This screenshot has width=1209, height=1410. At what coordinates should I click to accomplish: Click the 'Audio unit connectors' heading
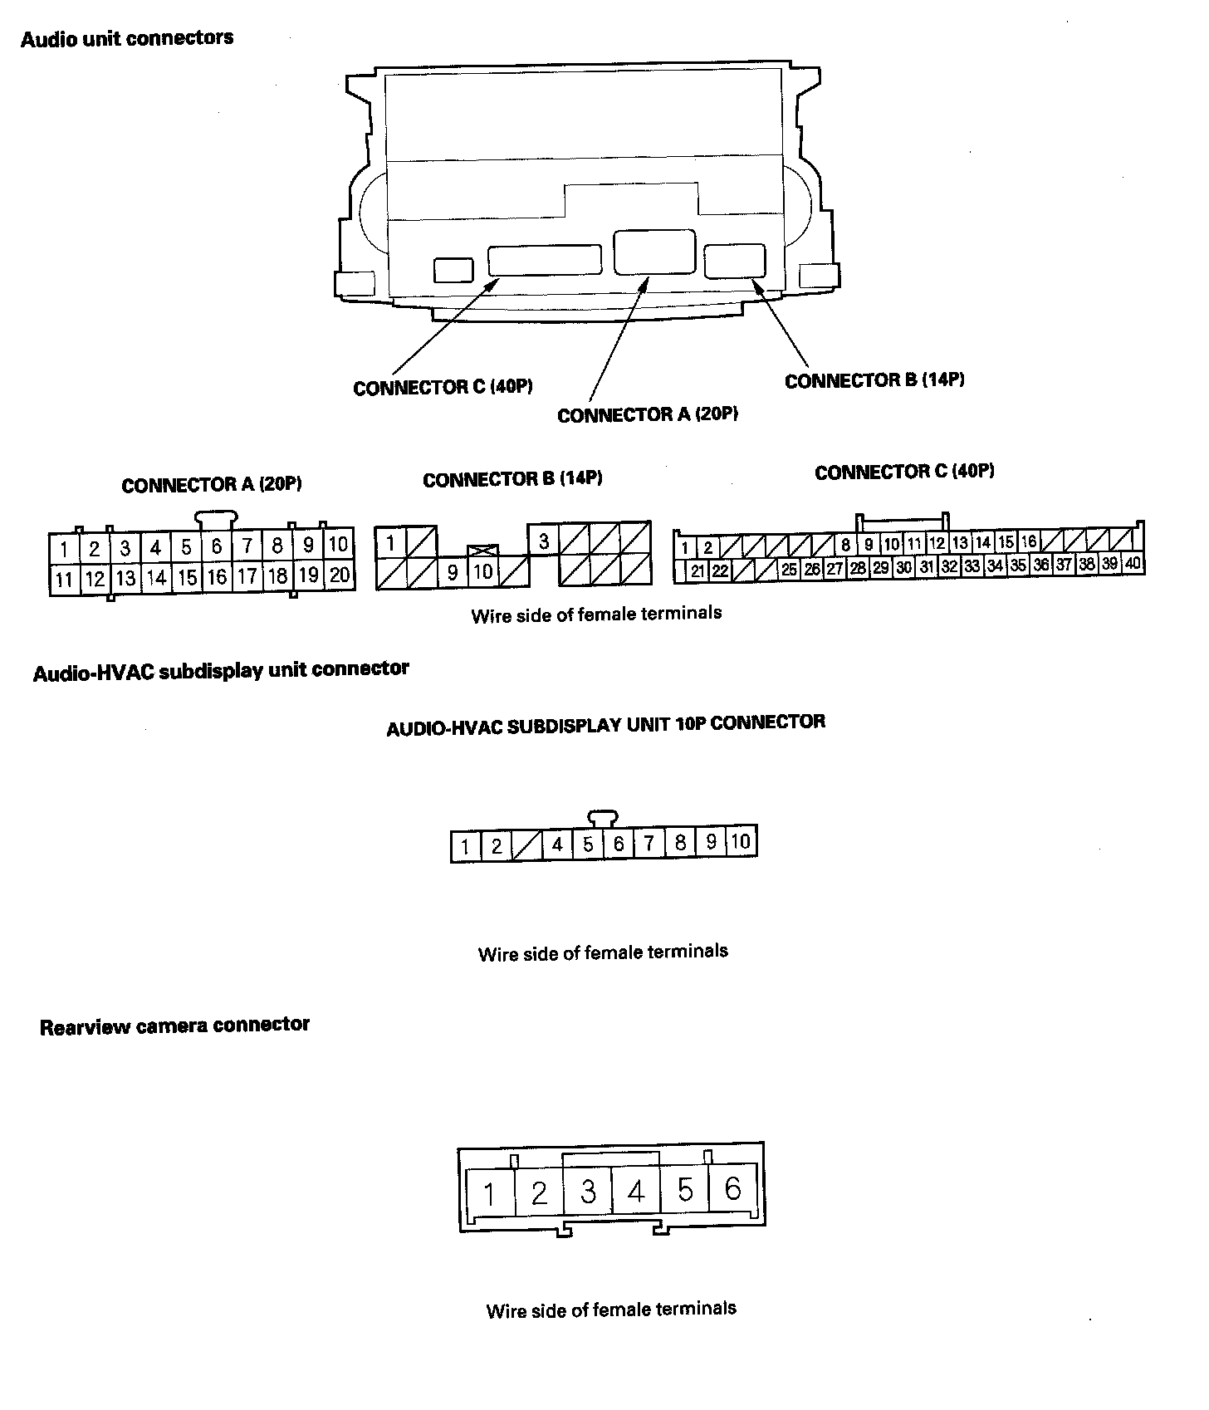[x=127, y=39]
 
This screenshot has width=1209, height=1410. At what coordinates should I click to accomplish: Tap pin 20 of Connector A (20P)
[x=340, y=575]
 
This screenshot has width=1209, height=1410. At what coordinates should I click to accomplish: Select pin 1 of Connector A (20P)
[x=64, y=548]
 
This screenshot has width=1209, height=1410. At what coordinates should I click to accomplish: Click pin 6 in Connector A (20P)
[x=217, y=546]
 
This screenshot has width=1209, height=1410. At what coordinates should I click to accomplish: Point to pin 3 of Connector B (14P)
[x=543, y=541]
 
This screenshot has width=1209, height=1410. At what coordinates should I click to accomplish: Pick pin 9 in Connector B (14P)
[x=453, y=572]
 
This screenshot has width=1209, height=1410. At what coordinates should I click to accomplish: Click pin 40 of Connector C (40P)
[x=1133, y=564]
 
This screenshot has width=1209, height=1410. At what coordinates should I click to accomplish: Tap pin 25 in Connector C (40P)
[x=789, y=569]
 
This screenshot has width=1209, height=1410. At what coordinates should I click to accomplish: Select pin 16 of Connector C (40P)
[x=1028, y=542]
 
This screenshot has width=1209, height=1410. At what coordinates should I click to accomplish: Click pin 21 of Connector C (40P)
[x=697, y=570]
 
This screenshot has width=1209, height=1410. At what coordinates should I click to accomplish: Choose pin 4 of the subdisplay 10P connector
[x=557, y=845]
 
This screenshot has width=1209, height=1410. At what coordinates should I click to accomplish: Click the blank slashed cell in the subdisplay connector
[x=526, y=846]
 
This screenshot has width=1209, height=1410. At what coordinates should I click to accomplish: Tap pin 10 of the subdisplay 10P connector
[x=741, y=841]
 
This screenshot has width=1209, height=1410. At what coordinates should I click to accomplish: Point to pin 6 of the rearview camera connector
[x=732, y=1189]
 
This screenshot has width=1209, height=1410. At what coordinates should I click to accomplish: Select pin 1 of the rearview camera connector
[x=489, y=1194]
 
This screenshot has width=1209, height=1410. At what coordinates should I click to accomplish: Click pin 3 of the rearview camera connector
[x=588, y=1192]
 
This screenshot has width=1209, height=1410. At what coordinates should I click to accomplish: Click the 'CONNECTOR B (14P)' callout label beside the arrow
[x=874, y=380]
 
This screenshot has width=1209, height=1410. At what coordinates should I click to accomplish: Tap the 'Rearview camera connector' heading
[x=174, y=1026]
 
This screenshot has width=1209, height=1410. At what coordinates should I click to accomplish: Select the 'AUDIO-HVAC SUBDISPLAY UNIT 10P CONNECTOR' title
[x=606, y=724]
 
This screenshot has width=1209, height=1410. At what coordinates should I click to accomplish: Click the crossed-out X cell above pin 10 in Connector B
[x=482, y=551]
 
